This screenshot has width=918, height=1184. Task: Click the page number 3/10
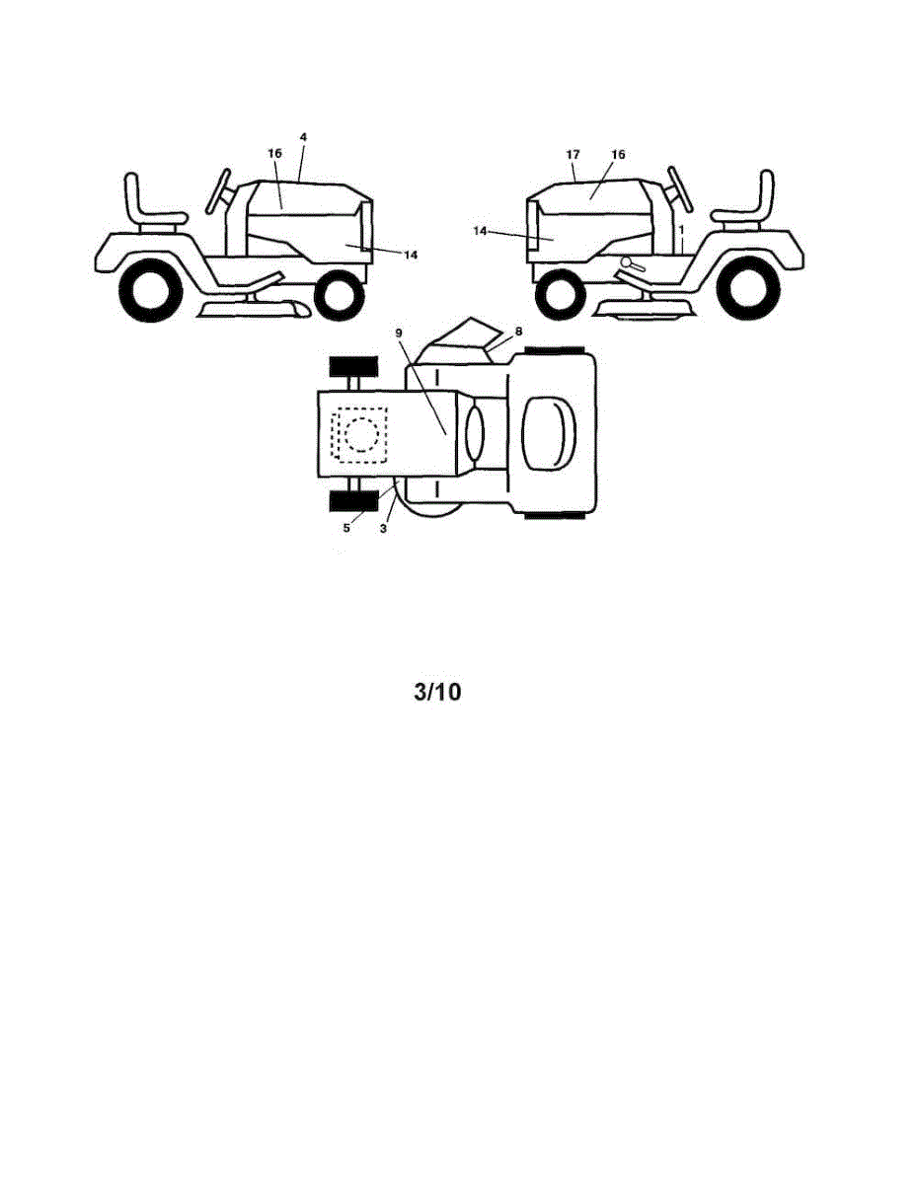(x=437, y=692)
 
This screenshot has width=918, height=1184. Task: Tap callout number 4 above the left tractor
(x=303, y=137)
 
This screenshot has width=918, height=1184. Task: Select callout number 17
(x=573, y=155)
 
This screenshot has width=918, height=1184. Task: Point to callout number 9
(x=399, y=332)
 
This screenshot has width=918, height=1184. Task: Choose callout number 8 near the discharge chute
(x=518, y=331)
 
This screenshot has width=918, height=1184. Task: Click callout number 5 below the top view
(x=346, y=528)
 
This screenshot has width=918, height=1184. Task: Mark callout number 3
(x=383, y=528)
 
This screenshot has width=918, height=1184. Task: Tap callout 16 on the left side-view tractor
(x=274, y=154)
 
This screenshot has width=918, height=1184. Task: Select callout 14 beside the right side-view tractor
(x=480, y=231)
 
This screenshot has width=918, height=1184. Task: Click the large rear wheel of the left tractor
(x=150, y=290)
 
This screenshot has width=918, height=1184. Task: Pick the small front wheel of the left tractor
(x=340, y=295)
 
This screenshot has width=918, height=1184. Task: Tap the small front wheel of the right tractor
(x=560, y=295)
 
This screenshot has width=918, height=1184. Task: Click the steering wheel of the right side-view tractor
(x=681, y=189)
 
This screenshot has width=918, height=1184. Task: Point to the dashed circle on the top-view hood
(x=361, y=434)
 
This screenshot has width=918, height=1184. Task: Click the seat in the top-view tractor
(x=549, y=434)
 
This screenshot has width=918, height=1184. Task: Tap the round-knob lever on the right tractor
(x=634, y=264)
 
